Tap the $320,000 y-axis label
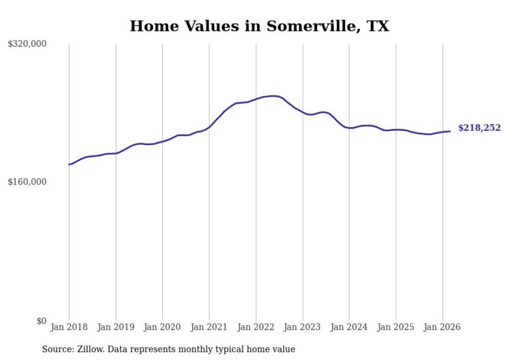(x=27, y=44)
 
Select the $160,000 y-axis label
(x=27, y=182)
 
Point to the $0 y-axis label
(x=41, y=321)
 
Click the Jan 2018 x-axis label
(x=69, y=327)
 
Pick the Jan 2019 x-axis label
(x=116, y=327)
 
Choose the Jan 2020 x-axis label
(x=162, y=327)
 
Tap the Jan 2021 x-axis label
(x=209, y=327)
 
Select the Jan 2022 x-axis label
(x=256, y=327)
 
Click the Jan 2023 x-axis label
(x=302, y=327)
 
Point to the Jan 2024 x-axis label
(x=349, y=327)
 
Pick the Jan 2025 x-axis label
(x=396, y=327)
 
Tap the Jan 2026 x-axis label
(x=442, y=327)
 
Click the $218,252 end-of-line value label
(x=479, y=128)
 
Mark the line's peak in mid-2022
(x=274, y=96)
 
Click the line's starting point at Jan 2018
(x=69, y=164)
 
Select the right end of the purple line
(x=450, y=131)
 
